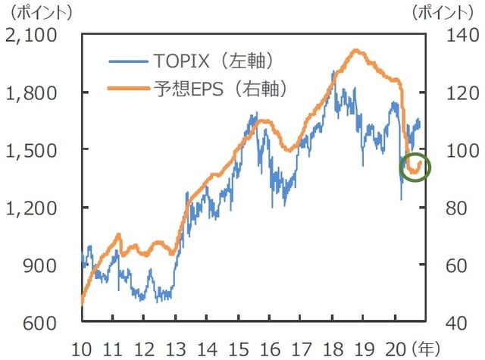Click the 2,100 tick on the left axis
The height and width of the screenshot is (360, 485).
tap(36, 35)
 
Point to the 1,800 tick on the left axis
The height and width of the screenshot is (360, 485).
tap(36, 92)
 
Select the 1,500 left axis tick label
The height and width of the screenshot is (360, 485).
tap(36, 149)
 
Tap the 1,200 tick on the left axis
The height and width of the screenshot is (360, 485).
tap(36, 207)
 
